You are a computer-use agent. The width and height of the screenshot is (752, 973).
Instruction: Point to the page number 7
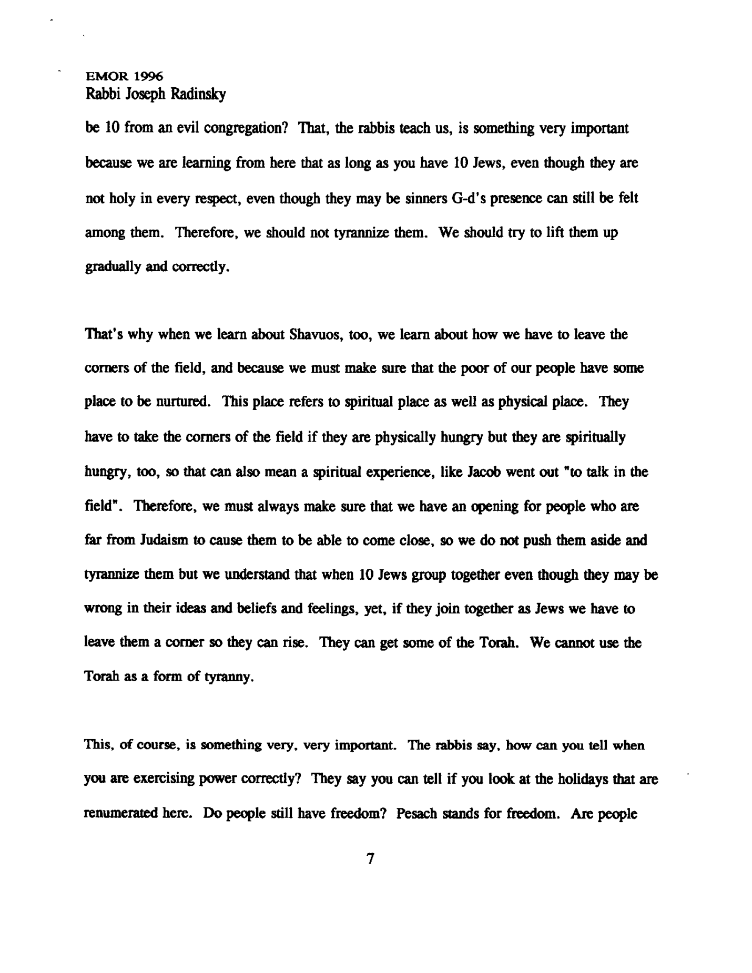(370, 859)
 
